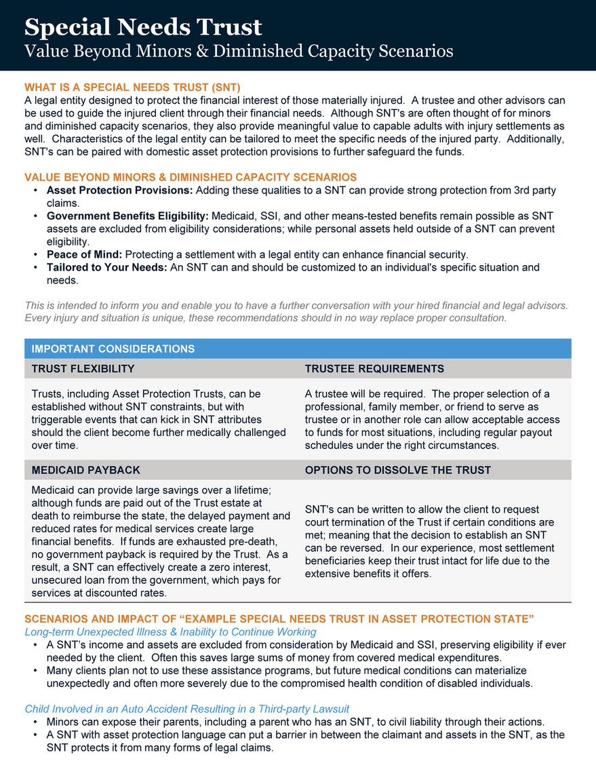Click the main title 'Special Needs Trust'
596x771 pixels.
[142, 27]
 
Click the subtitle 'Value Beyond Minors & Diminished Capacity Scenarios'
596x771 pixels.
[239, 51]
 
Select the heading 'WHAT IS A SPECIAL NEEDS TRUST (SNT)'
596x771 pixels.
[132, 87]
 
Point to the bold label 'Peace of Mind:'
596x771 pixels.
[84, 254]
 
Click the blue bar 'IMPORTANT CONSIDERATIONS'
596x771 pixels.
[113, 349]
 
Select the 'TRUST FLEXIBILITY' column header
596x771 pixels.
[83, 369]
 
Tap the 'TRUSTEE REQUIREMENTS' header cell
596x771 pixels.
[374, 369]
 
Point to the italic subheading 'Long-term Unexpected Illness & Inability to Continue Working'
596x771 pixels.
[170, 632]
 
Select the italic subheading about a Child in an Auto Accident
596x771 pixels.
[186, 709]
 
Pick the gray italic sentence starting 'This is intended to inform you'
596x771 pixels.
[296, 305]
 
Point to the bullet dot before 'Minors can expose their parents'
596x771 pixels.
[35, 721]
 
